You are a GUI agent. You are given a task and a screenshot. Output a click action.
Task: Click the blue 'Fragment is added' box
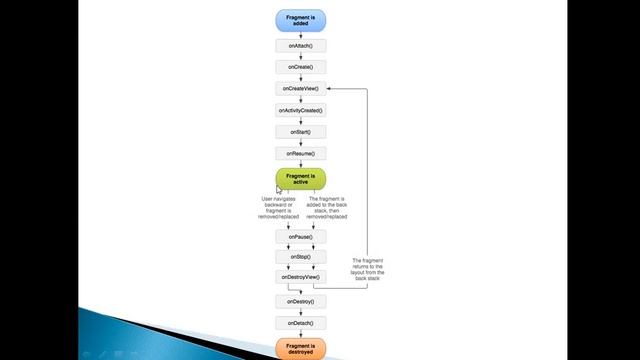[x=301, y=19]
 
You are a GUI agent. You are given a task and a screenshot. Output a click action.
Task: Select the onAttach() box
[x=301, y=46]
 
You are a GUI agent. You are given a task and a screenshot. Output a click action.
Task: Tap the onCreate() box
[x=301, y=67]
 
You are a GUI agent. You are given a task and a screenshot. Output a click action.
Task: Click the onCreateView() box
[x=301, y=89]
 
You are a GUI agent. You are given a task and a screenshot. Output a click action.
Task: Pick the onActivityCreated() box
[x=301, y=110]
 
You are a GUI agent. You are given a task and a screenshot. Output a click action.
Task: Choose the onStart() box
[x=301, y=132]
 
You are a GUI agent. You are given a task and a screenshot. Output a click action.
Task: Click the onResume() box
[x=301, y=153]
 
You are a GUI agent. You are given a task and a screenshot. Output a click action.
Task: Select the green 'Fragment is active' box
[x=301, y=179]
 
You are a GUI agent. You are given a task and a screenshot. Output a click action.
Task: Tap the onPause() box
[x=301, y=236]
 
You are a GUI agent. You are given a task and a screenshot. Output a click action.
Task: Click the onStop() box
[x=301, y=256]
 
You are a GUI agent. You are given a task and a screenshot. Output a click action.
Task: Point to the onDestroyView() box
[x=301, y=277]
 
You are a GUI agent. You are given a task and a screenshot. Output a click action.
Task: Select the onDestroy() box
[x=301, y=301]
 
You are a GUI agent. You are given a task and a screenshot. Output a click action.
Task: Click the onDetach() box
[x=301, y=323]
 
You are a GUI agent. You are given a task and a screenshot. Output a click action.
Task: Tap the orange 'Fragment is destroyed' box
[x=301, y=349]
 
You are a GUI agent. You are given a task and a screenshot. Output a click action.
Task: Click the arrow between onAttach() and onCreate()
[x=301, y=56]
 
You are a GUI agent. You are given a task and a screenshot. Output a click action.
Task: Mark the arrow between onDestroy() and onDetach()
[x=301, y=312]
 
